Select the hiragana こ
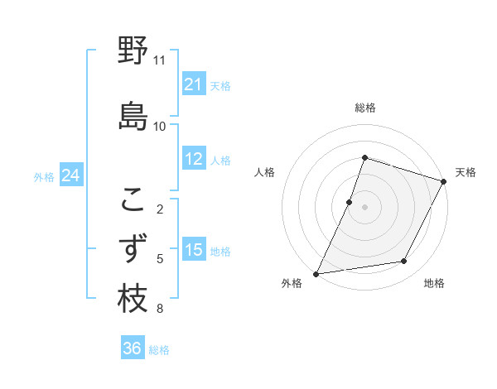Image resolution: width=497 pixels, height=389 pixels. [x=133, y=199]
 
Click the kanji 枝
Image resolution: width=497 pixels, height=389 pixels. [x=133, y=299]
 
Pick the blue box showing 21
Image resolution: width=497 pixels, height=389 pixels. [x=194, y=84]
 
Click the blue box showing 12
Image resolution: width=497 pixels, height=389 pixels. [x=194, y=159]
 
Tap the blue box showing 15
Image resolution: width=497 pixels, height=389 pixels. [x=194, y=250]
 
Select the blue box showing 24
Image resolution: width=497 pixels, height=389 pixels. [x=71, y=175]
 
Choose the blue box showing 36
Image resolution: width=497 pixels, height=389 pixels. [x=133, y=348]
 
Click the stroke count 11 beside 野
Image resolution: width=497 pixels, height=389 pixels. [x=160, y=60]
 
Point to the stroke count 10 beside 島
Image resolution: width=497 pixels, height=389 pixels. [x=160, y=127]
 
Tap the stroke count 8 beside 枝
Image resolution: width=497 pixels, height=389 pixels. [x=160, y=310]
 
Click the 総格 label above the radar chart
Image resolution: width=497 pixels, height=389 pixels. [x=365, y=108]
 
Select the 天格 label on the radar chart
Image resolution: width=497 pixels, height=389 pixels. [x=466, y=172]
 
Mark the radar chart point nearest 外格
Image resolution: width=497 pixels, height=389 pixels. [x=316, y=273]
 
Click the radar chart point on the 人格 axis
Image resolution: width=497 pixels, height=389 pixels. [x=350, y=202]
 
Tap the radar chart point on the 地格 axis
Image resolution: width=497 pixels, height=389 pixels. [x=404, y=262]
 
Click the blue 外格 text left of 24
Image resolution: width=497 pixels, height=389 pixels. [x=44, y=176]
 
